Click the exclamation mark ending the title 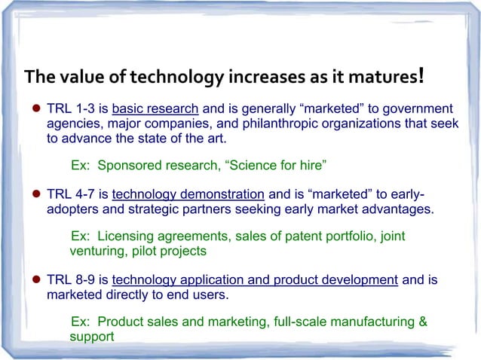click(423, 75)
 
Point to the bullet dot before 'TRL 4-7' click(35, 192)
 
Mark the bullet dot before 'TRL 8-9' click(35, 280)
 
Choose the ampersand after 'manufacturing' click(423, 322)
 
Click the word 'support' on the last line click(91, 337)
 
